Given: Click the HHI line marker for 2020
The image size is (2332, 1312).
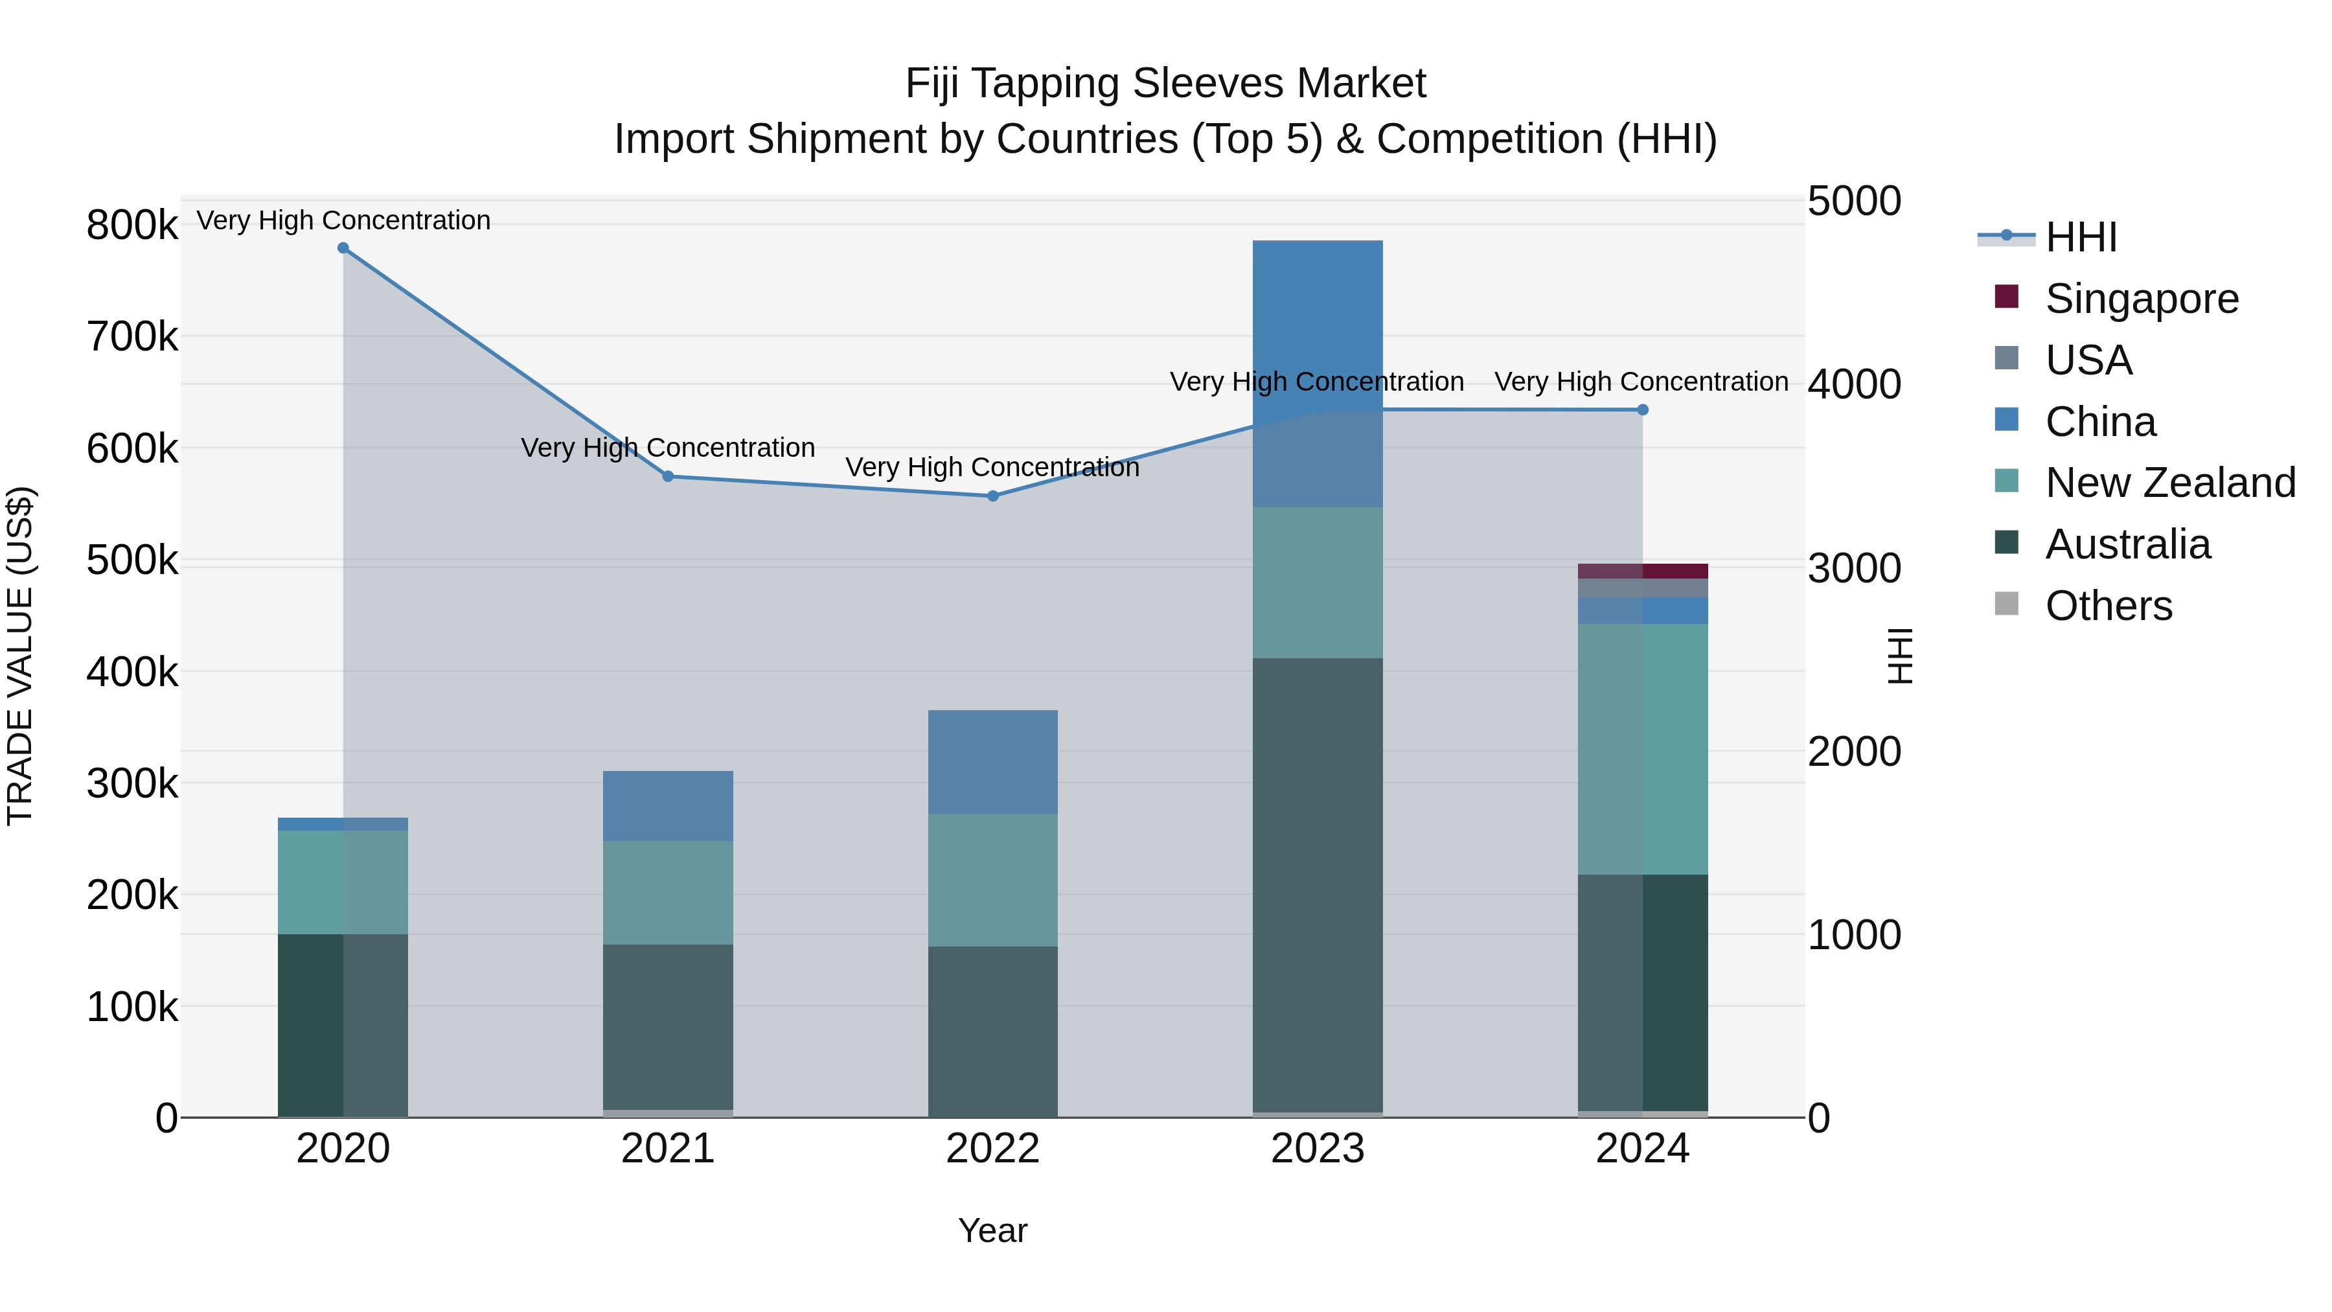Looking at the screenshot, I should point(343,248).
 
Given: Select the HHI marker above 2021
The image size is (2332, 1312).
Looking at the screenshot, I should point(668,476).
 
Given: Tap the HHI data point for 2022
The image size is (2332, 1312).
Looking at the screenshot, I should point(993,496).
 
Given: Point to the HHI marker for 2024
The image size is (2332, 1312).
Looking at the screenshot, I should point(1643,410).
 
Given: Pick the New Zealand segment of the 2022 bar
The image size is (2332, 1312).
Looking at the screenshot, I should point(993,880).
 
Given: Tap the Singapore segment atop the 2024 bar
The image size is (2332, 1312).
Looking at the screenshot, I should point(1643,571).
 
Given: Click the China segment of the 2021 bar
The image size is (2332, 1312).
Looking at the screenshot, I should point(668,806).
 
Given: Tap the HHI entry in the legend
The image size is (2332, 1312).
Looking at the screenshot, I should point(2080,237).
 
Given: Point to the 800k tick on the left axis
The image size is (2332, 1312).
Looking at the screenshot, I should point(132,225).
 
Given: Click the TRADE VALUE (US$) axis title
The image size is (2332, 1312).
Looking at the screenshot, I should point(21,656).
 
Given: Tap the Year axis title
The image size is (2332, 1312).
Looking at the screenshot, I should point(993,1230).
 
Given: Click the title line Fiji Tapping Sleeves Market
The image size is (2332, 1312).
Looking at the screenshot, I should point(1165,84).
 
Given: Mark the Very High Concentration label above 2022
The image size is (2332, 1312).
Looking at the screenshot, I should point(992,467).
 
